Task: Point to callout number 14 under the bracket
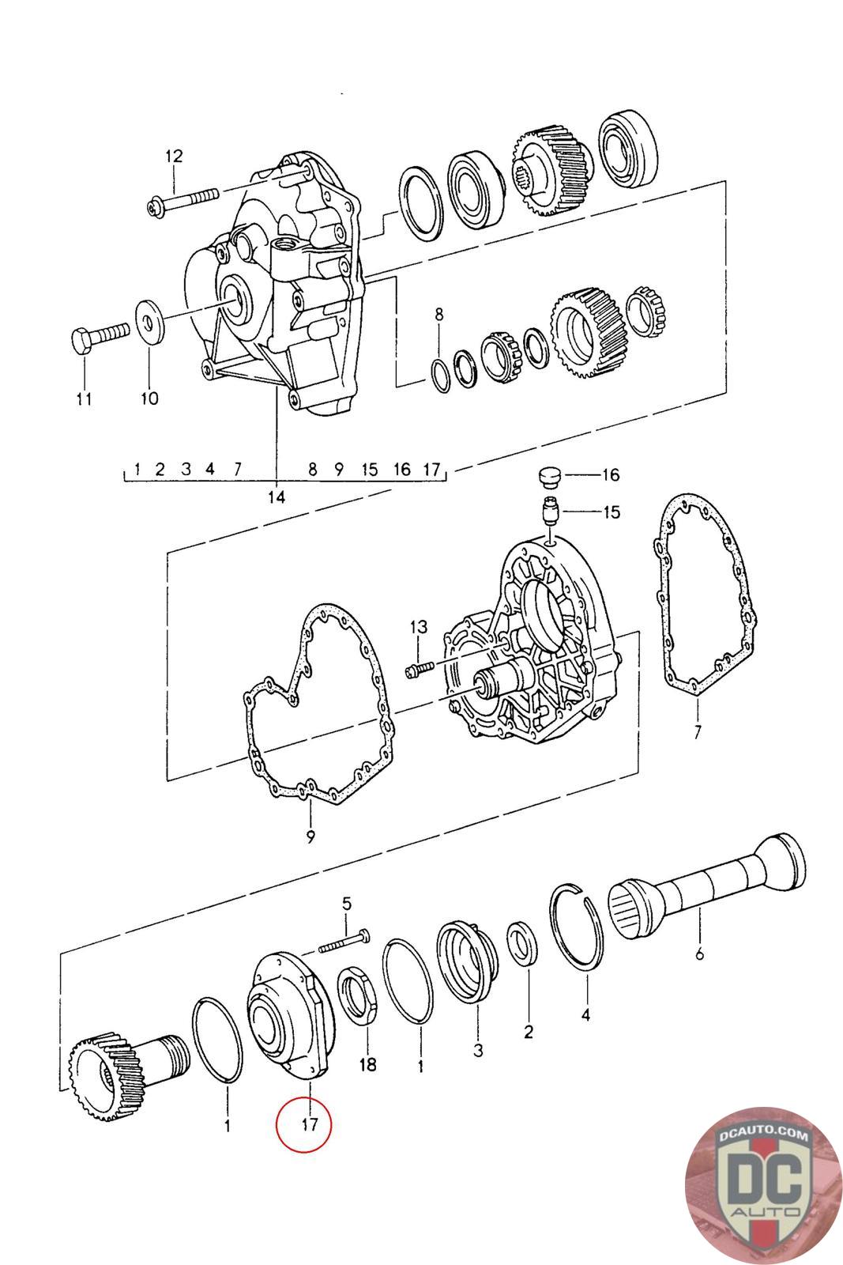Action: (276, 497)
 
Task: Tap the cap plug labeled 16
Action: (545, 477)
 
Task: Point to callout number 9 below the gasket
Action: (310, 836)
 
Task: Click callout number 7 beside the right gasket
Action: (697, 732)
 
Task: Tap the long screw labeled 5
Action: (345, 942)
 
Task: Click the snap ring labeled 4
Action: (579, 925)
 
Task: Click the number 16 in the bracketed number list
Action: (402, 469)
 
